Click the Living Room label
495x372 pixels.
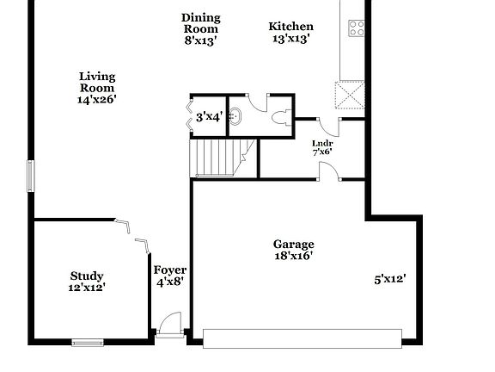tap(96, 82)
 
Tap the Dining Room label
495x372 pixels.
tap(201, 23)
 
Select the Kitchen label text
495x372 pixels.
tap(291, 27)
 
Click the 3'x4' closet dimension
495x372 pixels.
tap(209, 116)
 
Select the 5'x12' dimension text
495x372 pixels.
tap(389, 279)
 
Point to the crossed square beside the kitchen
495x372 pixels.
tap(349, 96)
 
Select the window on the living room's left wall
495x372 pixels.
tap(30, 176)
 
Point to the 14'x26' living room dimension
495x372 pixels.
tap(96, 99)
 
